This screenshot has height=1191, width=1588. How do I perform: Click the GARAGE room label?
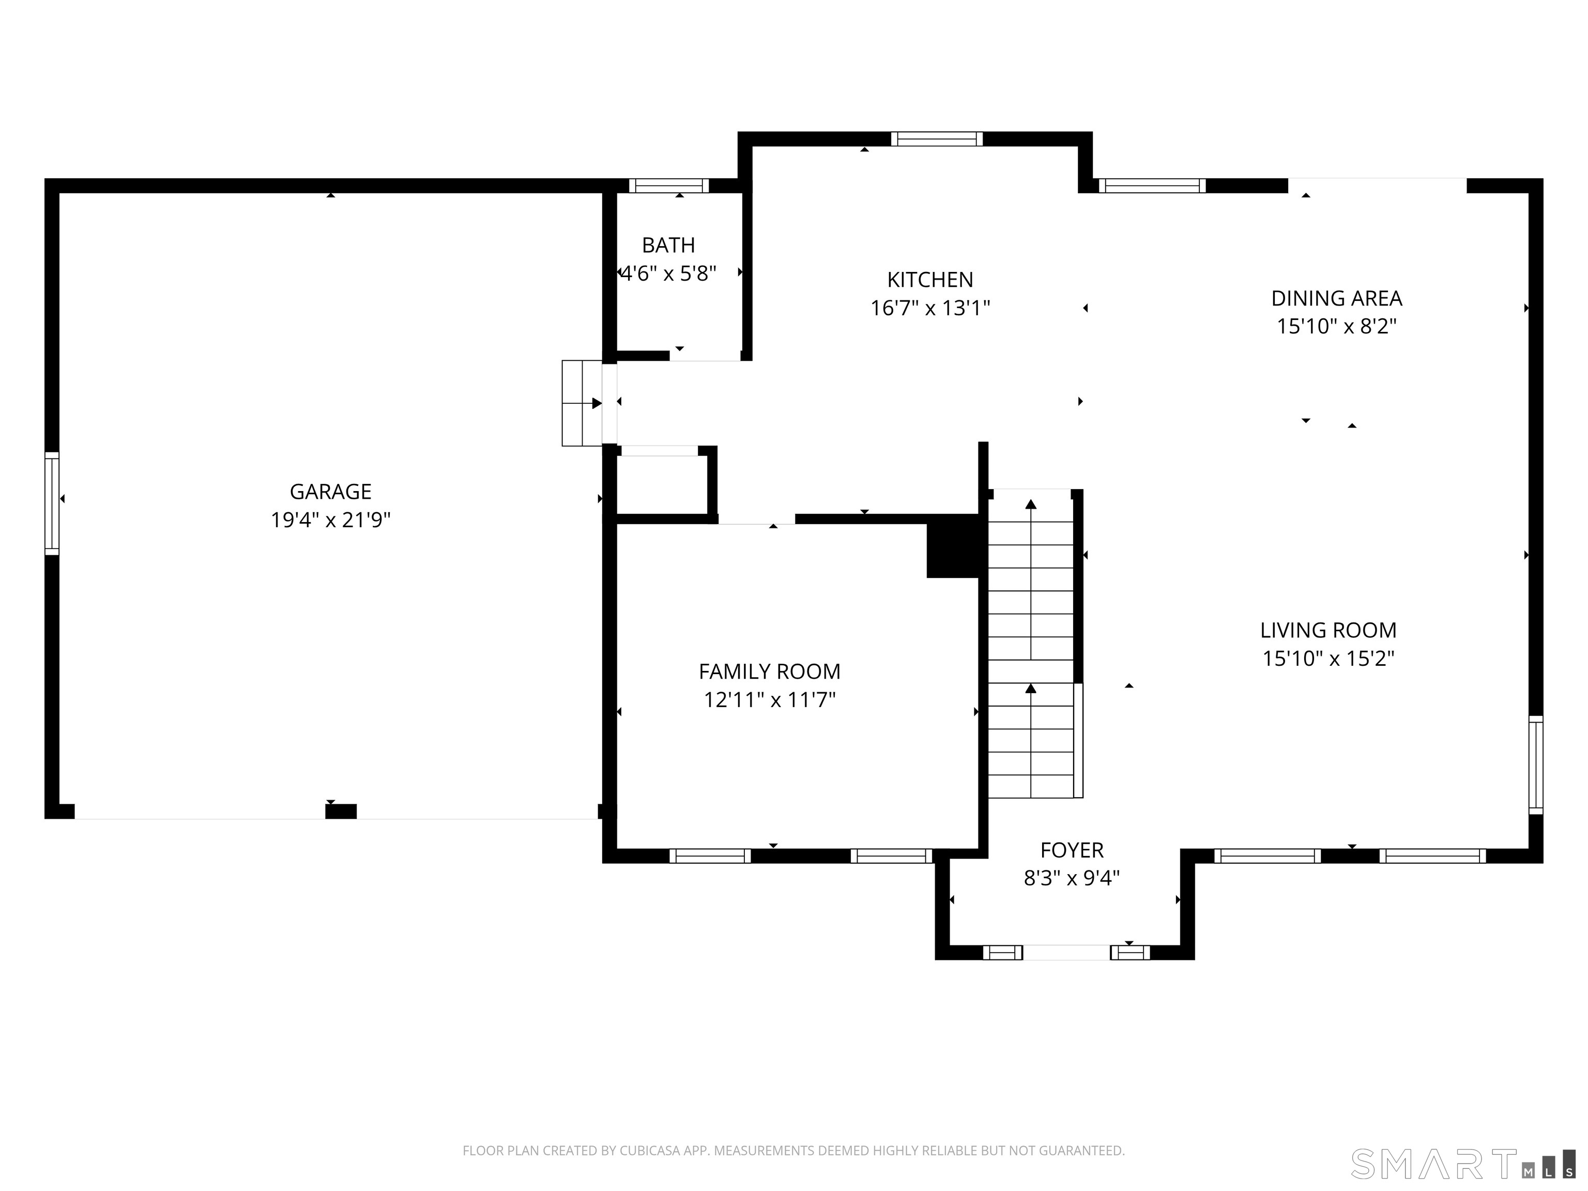[x=330, y=492]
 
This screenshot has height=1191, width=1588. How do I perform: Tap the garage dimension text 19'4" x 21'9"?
[x=330, y=520]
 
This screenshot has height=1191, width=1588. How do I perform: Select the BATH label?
[x=668, y=246]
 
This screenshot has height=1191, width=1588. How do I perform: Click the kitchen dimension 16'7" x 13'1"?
[x=929, y=308]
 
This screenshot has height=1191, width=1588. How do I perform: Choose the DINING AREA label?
[x=1336, y=298]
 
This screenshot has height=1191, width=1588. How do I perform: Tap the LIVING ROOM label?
[x=1328, y=630]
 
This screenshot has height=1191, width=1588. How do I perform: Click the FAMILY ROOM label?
[x=769, y=671]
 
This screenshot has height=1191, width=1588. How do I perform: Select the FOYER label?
[x=1071, y=850]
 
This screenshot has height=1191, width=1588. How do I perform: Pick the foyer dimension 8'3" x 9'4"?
[x=1071, y=878]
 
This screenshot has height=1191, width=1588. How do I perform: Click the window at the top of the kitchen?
[x=936, y=139]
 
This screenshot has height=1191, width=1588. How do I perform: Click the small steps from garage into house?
[x=582, y=403]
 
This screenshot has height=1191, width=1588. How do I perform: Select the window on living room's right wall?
[x=1536, y=765]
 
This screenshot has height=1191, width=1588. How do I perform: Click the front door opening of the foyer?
[x=1066, y=953]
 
